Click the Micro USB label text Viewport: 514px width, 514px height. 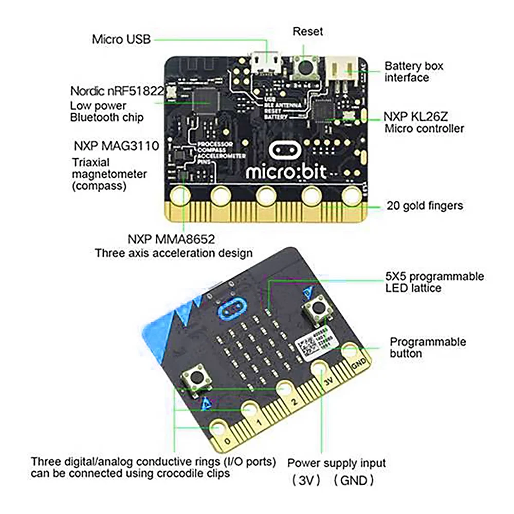pos(121,39)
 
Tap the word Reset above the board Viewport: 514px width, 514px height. pos(307,31)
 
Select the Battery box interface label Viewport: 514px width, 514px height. pos(414,71)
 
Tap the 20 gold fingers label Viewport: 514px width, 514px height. pos(425,206)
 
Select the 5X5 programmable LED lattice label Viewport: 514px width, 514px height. pos(434,282)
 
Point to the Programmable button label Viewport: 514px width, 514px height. pos(428,347)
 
